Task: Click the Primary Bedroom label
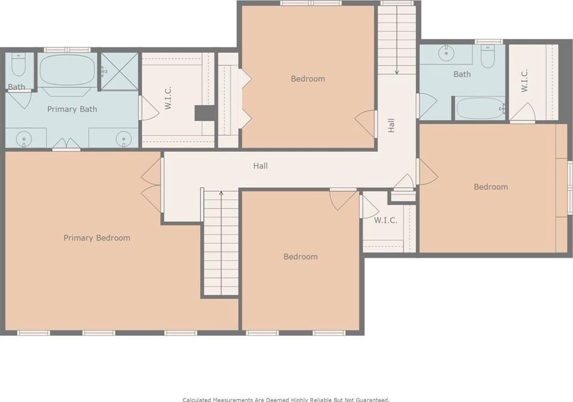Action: click(x=97, y=238)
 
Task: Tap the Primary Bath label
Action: click(x=72, y=109)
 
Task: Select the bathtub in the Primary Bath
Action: click(x=67, y=69)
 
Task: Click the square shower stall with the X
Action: click(x=120, y=71)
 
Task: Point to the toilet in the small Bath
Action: click(x=18, y=65)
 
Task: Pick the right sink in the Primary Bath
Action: click(x=123, y=139)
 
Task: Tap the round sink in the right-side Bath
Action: click(x=446, y=53)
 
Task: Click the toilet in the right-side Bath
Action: click(x=488, y=56)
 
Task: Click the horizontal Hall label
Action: click(x=261, y=166)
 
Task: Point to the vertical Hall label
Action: click(x=391, y=125)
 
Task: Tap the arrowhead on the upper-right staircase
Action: click(x=397, y=72)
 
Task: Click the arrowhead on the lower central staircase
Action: click(x=221, y=193)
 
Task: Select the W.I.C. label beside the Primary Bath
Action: click(x=168, y=98)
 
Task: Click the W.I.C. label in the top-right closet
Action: click(x=524, y=81)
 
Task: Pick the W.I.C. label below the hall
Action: click(x=386, y=220)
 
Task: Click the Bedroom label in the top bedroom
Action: click(x=308, y=79)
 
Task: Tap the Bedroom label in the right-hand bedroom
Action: click(x=491, y=187)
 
